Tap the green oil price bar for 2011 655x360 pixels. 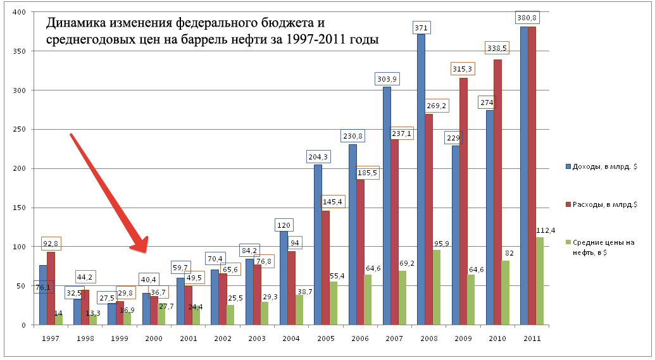pos(540,282)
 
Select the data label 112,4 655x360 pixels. pos(546,230)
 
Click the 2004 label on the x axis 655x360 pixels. pos(290,338)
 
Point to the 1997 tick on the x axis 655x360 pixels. pos(52,338)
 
